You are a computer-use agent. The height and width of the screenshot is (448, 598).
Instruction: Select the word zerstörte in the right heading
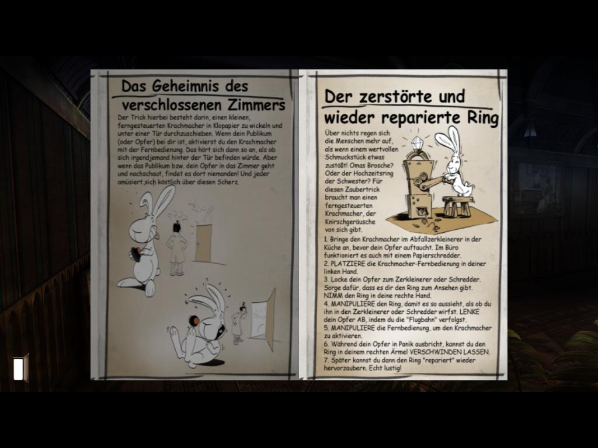[x=395, y=96]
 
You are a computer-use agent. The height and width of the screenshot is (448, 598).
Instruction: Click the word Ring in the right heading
[x=483, y=118]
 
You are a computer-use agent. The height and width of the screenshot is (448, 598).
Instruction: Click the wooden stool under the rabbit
[x=457, y=206]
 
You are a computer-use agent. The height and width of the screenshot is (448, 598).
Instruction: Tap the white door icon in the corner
[x=21, y=368]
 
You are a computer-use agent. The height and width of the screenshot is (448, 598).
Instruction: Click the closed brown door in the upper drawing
[x=204, y=243]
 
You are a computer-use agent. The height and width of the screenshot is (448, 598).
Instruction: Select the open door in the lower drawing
[x=263, y=318]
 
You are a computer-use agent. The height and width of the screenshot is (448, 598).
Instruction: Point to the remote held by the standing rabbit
[x=135, y=254]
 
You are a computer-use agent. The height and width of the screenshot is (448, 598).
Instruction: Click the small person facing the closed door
[x=176, y=249]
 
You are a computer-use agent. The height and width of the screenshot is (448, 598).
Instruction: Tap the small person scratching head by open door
[x=239, y=323]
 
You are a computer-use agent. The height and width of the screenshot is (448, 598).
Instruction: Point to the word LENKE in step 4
[x=470, y=311]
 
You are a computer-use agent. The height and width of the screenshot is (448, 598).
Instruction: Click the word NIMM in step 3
[x=332, y=296]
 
